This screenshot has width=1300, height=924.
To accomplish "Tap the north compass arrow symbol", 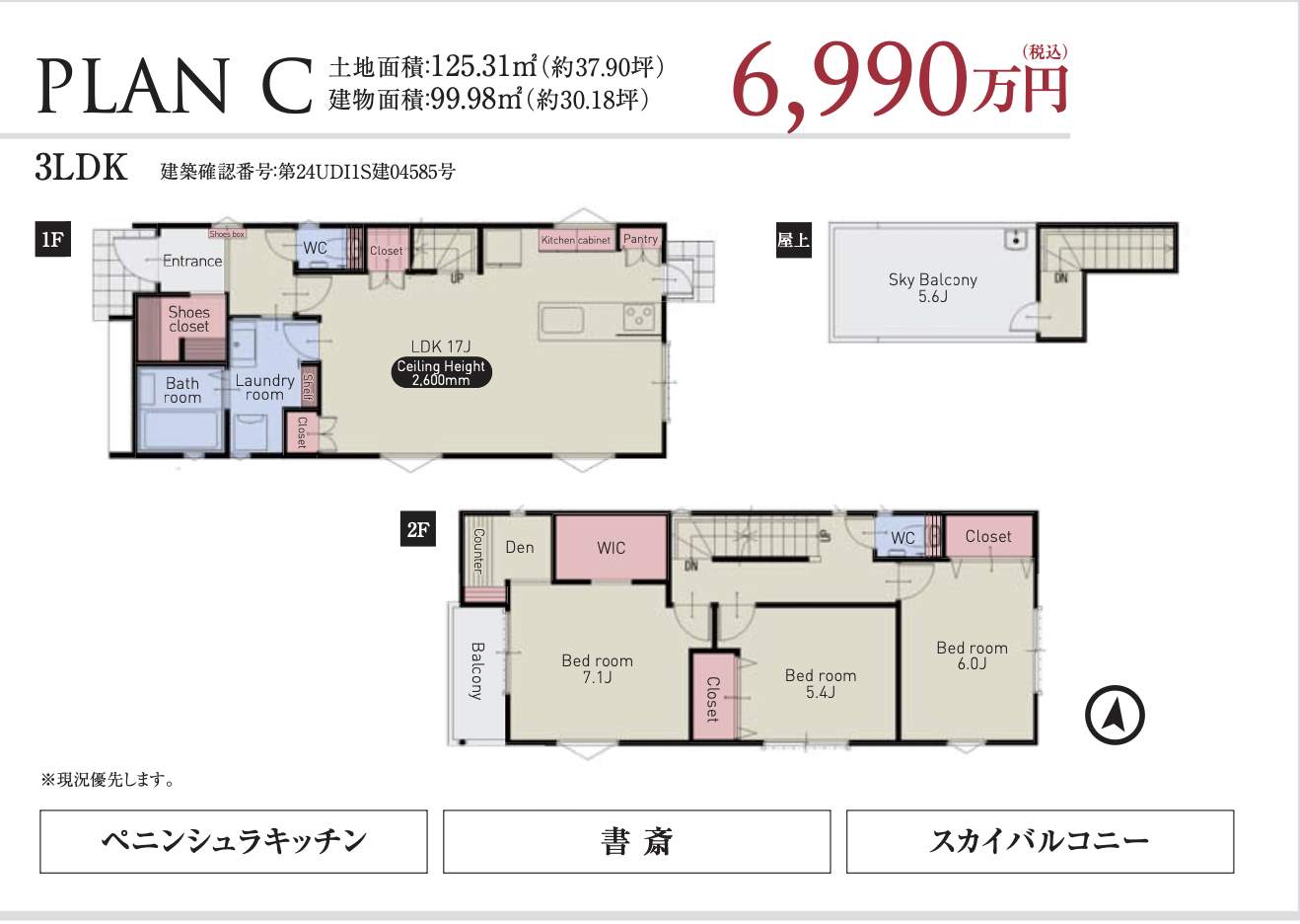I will [x=1115, y=715].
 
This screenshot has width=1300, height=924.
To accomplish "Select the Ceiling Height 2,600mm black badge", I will [x=441, y=372].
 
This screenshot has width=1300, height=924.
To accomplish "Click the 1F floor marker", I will [x=52, y=240].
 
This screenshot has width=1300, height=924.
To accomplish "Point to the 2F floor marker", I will [x=418, y=530].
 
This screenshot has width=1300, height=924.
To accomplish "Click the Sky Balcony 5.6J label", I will [x=932, y=287].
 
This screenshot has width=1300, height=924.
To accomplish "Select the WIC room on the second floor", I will [x=611, y=548].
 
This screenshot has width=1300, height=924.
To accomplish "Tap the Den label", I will [x=520, y=547].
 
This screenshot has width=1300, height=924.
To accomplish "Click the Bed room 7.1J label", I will [x=597, y=668].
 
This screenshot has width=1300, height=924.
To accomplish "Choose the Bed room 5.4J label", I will [x=820, y=683].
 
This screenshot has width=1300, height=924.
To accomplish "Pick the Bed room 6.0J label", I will [x=972, y=655].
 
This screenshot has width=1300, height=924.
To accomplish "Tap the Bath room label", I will [x=182, y=390].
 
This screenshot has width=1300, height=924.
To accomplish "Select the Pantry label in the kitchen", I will [x=640, y=239].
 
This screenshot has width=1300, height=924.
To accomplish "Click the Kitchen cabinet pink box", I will [x=576, y=240].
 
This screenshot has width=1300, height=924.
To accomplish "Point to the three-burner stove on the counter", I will [x=638, y=318].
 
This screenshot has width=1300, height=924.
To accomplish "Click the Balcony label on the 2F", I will [x=476, y=671].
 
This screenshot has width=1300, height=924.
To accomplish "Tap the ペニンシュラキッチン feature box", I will [x=234, y=841].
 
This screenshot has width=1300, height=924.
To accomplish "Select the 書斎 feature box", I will [x=636, y=841].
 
